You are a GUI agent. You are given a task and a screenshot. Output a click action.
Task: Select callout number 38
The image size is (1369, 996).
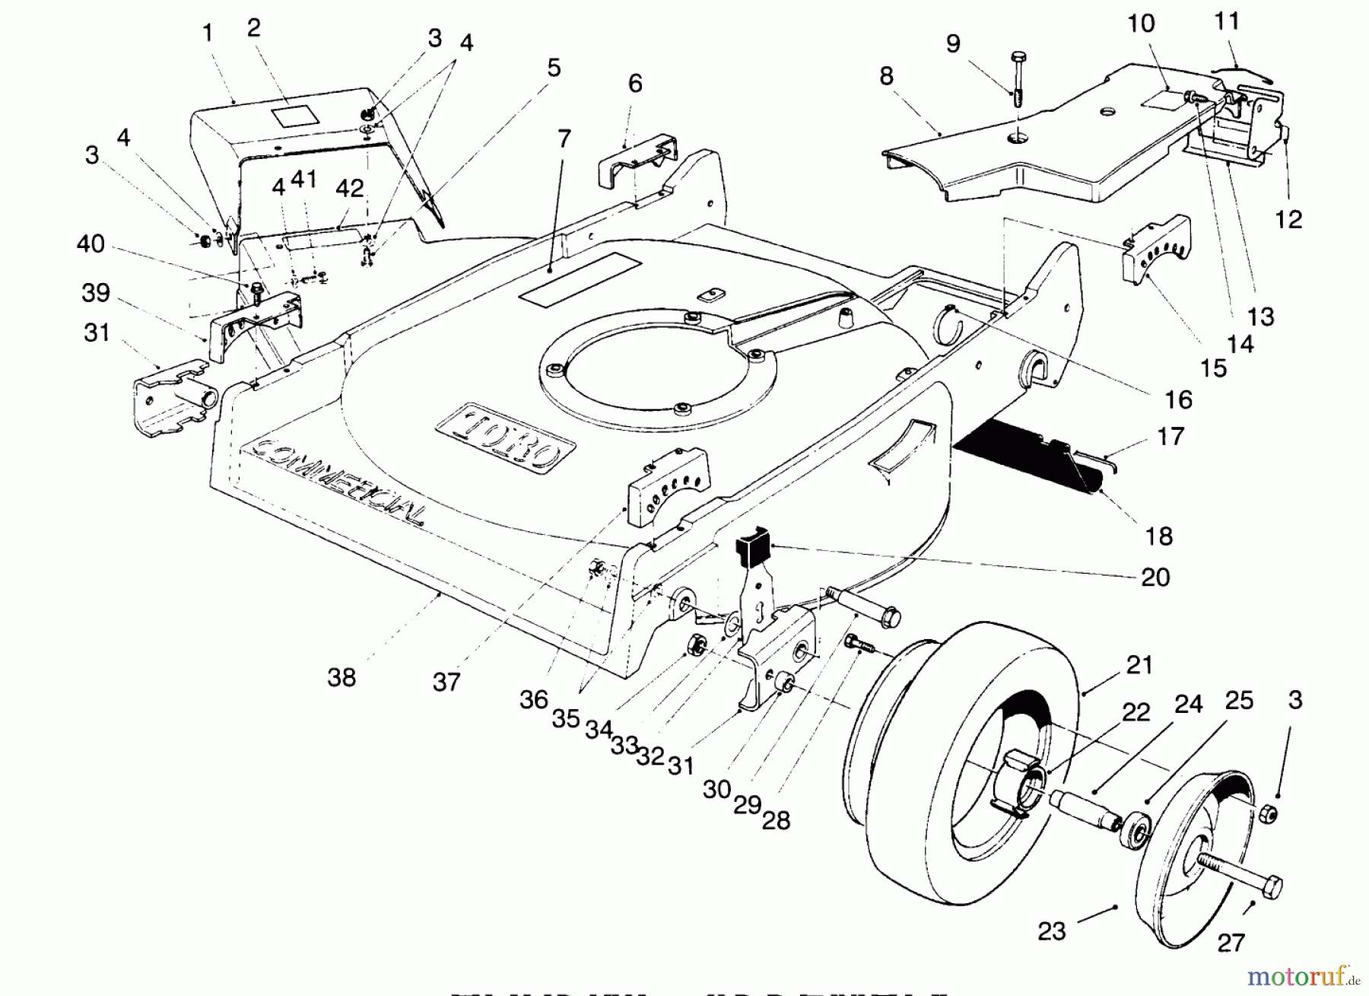point(341,676)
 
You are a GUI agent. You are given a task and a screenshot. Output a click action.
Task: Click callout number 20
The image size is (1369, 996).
point(1155,578)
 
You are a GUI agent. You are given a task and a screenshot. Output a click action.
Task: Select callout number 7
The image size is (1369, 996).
point(564,139)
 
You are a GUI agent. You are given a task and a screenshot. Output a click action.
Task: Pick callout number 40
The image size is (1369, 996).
point(91,244)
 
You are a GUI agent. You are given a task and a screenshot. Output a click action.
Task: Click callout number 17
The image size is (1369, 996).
point(1170,436)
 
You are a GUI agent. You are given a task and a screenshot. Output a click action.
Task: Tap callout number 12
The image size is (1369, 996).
point(1288,219)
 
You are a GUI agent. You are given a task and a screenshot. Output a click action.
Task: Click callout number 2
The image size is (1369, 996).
point(254,27)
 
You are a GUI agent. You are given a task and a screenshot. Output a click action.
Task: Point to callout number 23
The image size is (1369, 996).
point(1052,931)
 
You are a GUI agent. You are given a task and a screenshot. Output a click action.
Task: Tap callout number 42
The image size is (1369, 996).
point(350,187)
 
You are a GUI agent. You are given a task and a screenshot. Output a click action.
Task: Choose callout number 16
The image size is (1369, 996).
point(1178,399)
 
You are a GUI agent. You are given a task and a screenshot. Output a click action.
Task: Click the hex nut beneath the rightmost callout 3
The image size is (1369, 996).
point(1266,815)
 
